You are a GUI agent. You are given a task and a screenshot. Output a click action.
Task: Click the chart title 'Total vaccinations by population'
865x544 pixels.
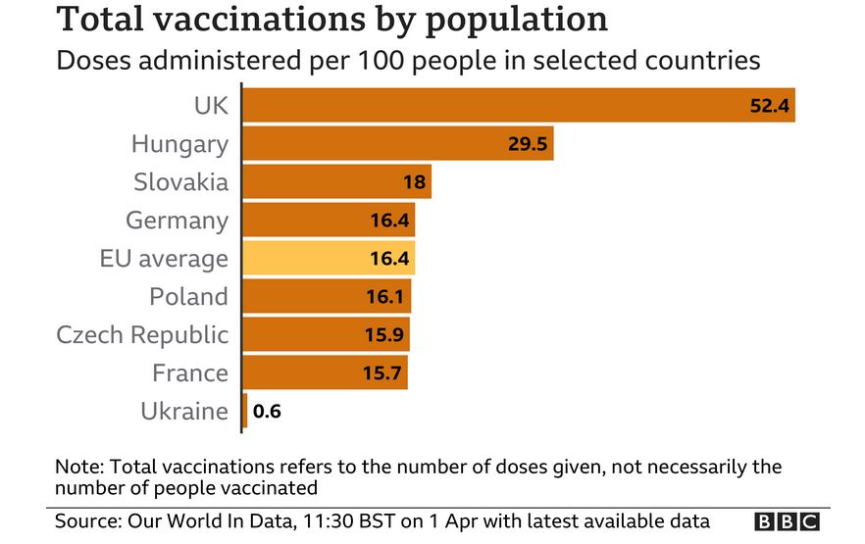pyautogui.click(x=331, y=20)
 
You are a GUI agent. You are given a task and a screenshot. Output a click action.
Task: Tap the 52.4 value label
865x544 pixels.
pyautogui.click(x=770, y=106)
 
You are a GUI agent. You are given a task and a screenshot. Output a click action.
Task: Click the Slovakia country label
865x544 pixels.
pyautogui.click(x=180, y=182)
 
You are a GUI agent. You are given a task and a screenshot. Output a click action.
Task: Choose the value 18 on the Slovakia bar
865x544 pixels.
pyautogui.click(x=414, y=182)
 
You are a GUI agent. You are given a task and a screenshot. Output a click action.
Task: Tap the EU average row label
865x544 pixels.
pyautogui.click(x=164, y=259)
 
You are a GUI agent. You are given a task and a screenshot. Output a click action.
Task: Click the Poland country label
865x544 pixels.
pyautogui.click(x=188, y=297)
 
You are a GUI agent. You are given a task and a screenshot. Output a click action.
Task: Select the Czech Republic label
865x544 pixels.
pyautogui.click(x=142, y=335)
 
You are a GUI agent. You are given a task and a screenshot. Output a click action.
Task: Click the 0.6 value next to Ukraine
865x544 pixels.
pyautogui.click(x=268, y=412)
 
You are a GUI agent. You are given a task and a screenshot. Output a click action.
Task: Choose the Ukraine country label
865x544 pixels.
pyautogui.click(x=184, y=412)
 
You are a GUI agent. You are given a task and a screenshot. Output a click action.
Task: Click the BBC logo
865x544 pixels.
pyautogui.click(x=786, y=521)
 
